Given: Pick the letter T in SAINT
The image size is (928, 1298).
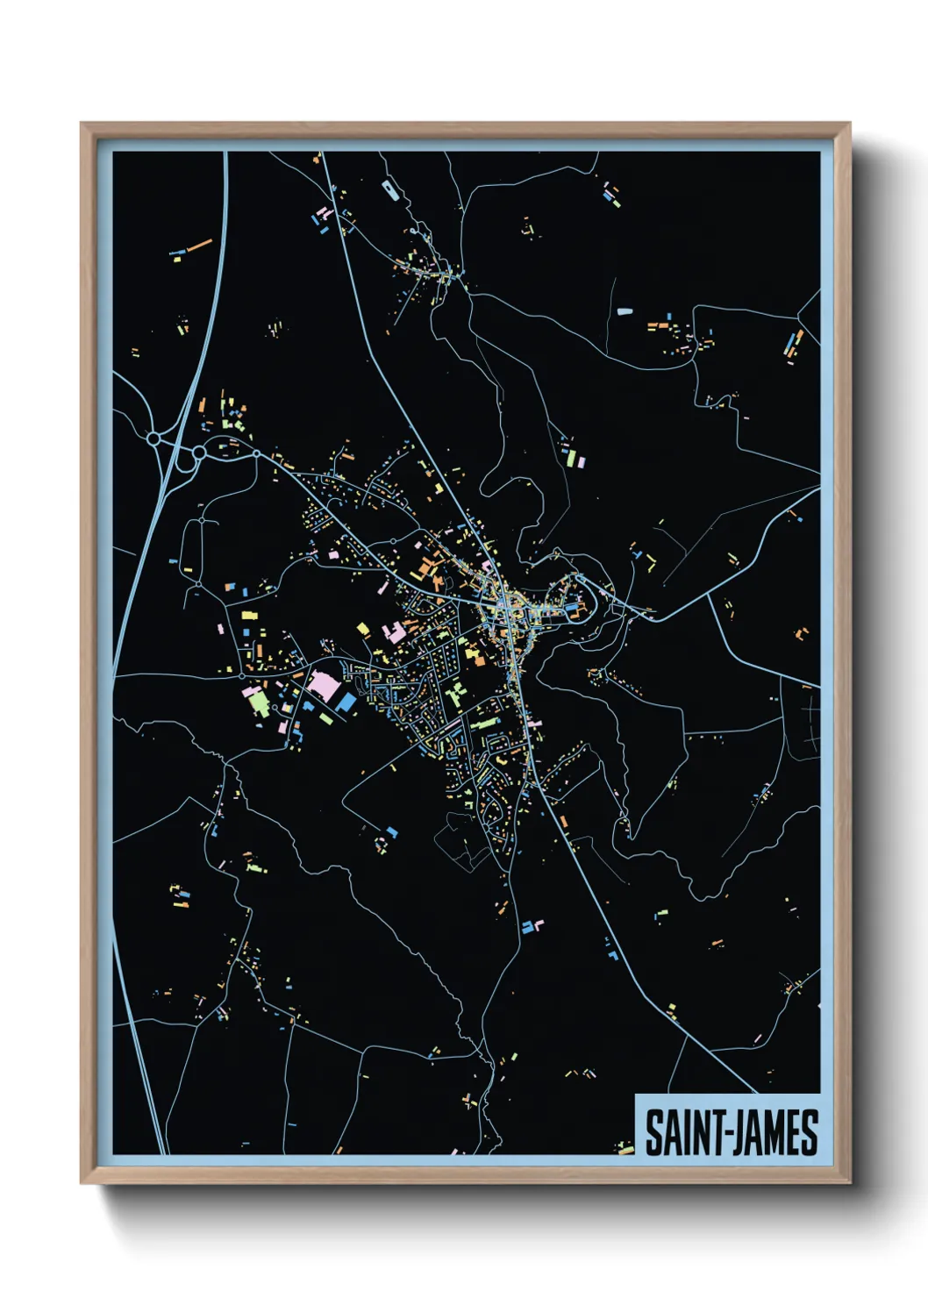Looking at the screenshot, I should [x=713, y=1133].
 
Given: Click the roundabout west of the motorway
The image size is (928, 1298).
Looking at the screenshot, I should [x=153, y=438].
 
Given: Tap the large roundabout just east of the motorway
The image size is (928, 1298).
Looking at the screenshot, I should [x=199, y=453].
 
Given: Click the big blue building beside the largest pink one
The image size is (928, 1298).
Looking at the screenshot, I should [x=346, y=702].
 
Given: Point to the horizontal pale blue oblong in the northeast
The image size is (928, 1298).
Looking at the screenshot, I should [x=625, y=310].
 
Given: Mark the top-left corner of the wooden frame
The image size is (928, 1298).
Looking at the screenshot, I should [x=82, y=124].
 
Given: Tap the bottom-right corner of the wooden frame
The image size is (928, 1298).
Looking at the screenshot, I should [x=849, y=1182].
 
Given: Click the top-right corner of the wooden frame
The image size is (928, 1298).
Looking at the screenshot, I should [x=849, y=124].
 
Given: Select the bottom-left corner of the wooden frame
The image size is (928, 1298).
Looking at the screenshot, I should [x=82, y=1182].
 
